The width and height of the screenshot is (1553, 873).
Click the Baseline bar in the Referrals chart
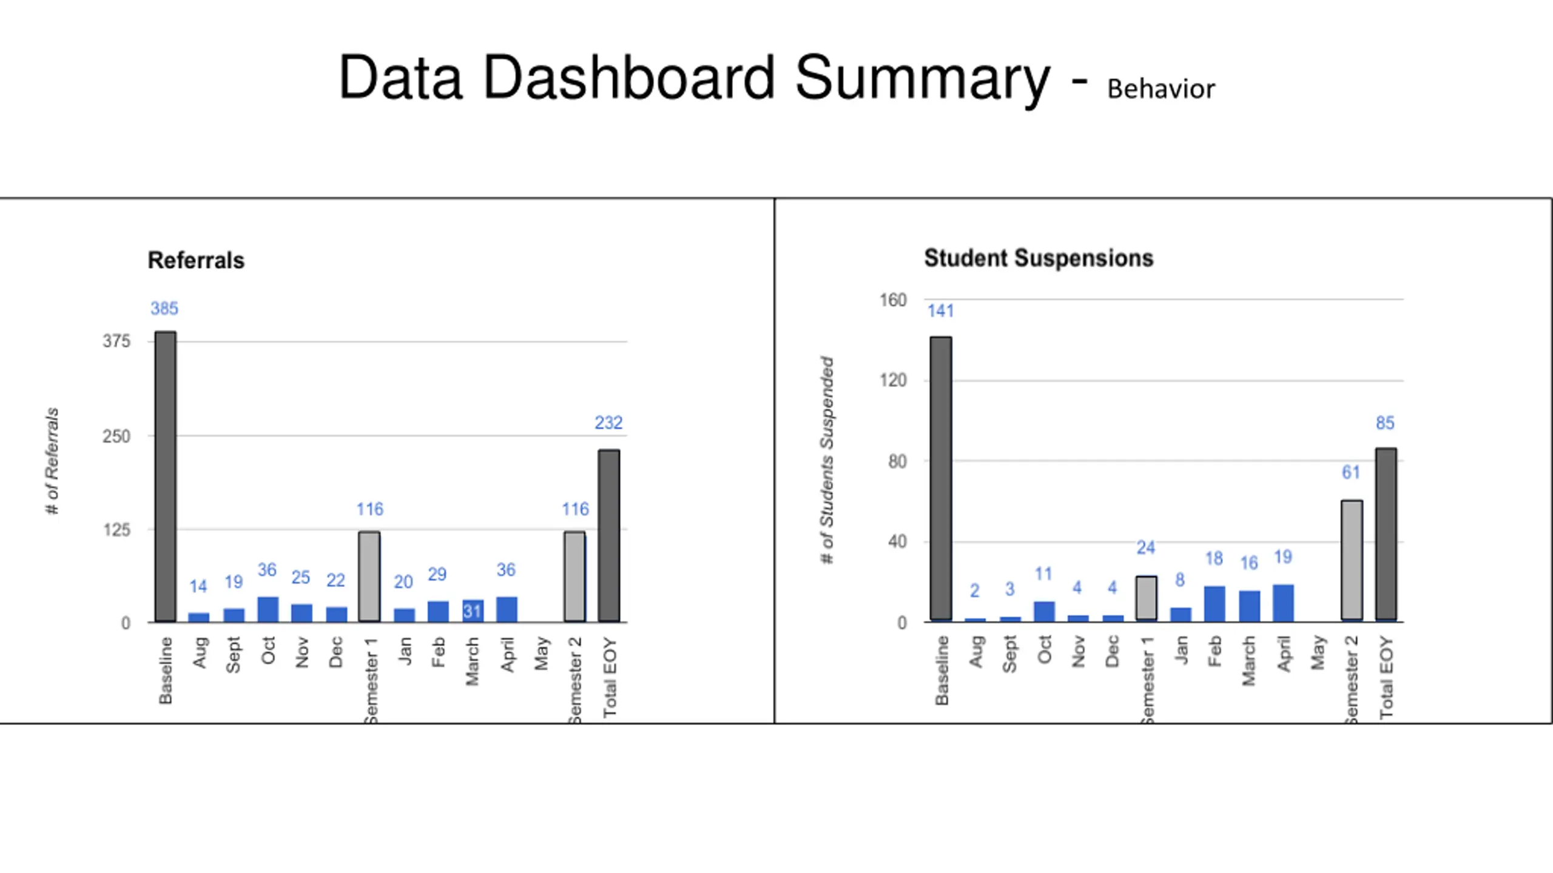click(166, 477)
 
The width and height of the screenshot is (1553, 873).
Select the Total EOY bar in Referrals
click(609, 536)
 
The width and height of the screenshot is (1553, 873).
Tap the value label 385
click(164, 309)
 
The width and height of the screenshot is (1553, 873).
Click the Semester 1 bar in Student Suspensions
click(1146, 598)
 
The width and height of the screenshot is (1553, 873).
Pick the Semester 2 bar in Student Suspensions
click(1352, 560)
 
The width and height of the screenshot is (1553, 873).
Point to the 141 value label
click(940, 311)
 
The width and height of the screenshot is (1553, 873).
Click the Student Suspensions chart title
click(1039, 258)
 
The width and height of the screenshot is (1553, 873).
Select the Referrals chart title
click(196, 261)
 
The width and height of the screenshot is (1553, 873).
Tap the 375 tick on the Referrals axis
click(116, 341)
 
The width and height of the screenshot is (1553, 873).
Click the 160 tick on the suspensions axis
click(893, 300)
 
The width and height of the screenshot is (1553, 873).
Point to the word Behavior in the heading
click(1161, 89)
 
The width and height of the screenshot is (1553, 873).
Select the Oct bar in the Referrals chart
click(268, 609)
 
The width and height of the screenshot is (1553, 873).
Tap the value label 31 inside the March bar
click(473, 611)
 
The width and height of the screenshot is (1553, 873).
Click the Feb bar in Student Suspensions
click(1214, 604)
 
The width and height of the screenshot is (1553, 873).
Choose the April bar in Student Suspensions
click(1283, 603)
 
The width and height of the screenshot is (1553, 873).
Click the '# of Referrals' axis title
click(52, 461)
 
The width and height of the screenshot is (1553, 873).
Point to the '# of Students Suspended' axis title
click(827, 460)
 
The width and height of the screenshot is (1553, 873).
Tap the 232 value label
click(608, 423)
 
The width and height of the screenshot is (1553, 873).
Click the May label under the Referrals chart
click(542, 653)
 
